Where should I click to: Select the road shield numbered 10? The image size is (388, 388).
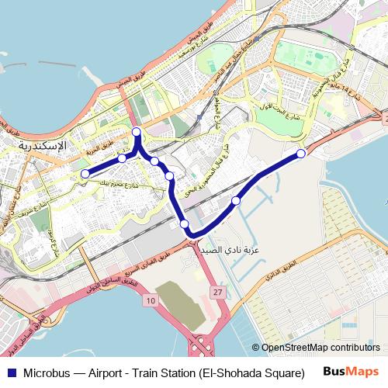click(151, 300)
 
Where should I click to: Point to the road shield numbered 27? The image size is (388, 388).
click(217, 291)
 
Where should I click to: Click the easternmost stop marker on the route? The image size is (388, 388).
click(301, 154)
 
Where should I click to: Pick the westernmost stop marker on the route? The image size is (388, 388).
click(85, 175)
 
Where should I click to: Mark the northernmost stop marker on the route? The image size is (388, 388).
click(137, 131)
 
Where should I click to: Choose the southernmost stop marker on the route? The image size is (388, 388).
click(185, 225)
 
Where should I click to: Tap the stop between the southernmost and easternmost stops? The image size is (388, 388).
click(236, 201)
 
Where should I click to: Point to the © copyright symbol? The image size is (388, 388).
click(255, 348)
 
